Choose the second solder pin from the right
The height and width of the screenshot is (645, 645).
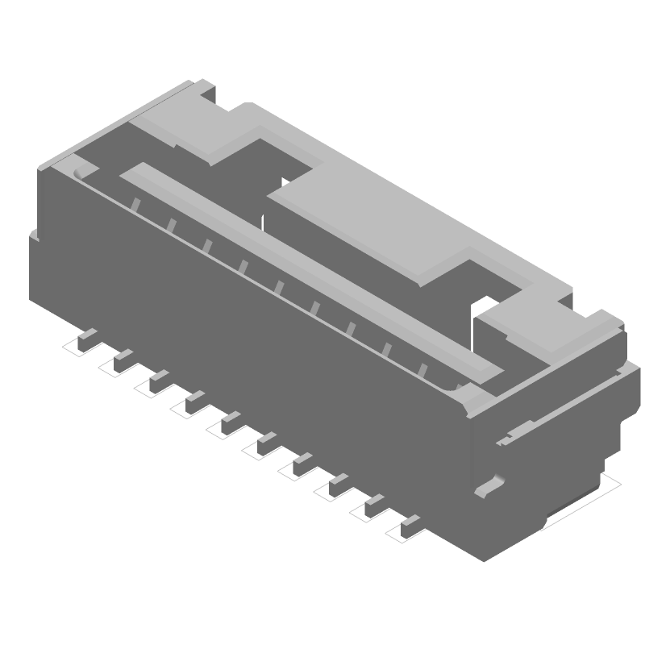(x=375, y=506)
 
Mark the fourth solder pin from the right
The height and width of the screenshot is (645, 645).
(x=302, y=464)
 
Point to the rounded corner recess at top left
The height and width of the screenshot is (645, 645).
(x=81, y=172)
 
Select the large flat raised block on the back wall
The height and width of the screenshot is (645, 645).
(x=387, y=226)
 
